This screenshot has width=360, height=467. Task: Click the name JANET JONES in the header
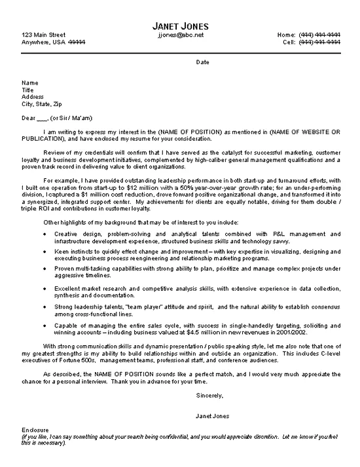click(181, 24)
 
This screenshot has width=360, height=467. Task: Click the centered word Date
click(203, 62)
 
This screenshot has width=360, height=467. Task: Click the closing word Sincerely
click(209, 396)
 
